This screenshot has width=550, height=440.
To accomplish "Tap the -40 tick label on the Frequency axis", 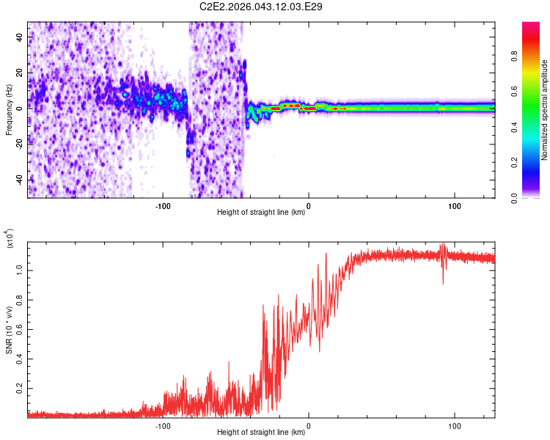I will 18,180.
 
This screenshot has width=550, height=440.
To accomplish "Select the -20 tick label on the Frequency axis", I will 18,144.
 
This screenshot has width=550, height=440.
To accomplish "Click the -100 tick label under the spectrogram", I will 163,205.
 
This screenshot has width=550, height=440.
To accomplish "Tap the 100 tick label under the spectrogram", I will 454,205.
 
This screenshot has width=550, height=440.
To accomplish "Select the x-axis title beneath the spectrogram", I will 261,213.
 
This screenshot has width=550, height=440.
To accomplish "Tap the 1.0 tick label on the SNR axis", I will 20,269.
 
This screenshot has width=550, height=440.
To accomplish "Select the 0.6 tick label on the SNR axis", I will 20,329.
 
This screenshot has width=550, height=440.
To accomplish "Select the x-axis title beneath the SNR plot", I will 261,433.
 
